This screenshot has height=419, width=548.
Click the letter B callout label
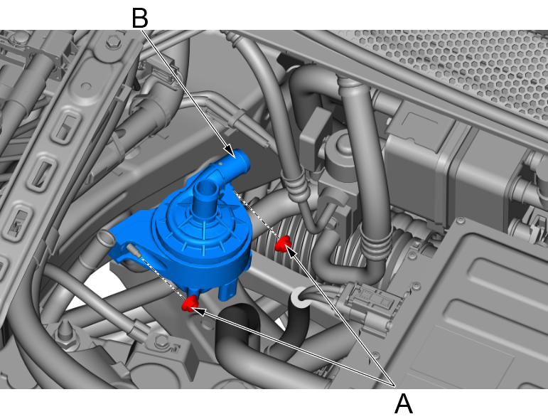coord(140,18)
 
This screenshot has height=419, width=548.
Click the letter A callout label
coord(403,403)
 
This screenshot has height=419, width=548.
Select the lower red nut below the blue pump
coord(190,303)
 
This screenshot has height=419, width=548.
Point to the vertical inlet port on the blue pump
coord(205,194)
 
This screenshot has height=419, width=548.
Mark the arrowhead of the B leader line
coord(230,150)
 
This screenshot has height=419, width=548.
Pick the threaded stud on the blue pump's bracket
coord(132,250)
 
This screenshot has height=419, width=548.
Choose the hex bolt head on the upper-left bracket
coord(113,42)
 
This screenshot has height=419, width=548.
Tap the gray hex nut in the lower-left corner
coord(161,340)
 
